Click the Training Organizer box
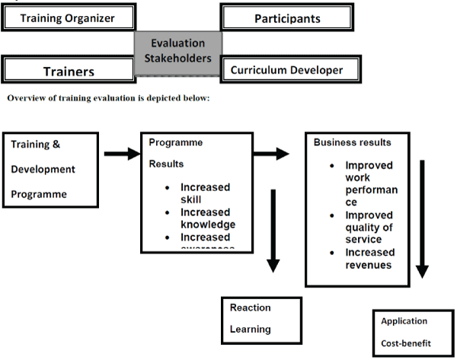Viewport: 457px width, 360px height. pos(69,18)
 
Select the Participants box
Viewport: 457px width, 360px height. pos(286,18)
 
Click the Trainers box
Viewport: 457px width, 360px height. pos(69,70)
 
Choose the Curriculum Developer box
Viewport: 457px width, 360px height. pos(286,70)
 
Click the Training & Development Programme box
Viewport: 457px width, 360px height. pos(53,168)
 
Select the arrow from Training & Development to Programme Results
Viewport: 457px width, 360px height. pos(122,155)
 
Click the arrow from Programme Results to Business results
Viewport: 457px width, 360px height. pos(270,155)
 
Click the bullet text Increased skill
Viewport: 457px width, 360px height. pos(205,193)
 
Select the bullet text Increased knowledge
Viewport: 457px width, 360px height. pos(208,218)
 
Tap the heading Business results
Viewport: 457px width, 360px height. pos(352,142)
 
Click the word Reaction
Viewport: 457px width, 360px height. pos(251,307)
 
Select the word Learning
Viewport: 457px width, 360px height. pos(250,330)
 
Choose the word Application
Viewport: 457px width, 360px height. pos(404,321)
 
